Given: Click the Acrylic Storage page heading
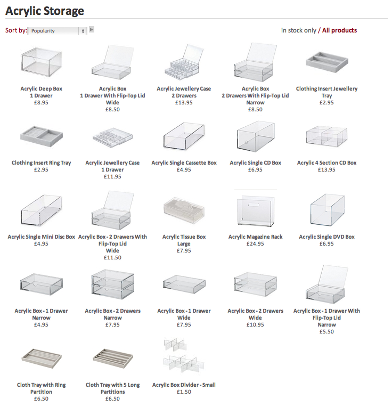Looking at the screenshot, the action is coord(44,10).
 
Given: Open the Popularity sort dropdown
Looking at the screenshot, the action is coord(57,31).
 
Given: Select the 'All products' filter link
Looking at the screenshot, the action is coord(339,30).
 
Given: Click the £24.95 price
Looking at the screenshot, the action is coord(255,244).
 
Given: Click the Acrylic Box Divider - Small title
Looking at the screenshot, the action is coord(184,385).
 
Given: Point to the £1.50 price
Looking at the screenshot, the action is coord(184,392).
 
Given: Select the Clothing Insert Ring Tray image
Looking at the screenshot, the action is coord(41,138).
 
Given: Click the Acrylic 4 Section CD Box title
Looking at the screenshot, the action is coord(326,163).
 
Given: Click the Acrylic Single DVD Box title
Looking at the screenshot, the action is coord(326,237).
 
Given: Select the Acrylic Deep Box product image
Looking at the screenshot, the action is coord(41,63).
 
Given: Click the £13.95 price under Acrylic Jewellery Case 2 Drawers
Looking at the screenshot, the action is coord(184,103).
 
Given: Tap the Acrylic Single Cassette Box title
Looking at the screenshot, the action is coord(184,163).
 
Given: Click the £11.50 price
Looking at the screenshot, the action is coord(112,258).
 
